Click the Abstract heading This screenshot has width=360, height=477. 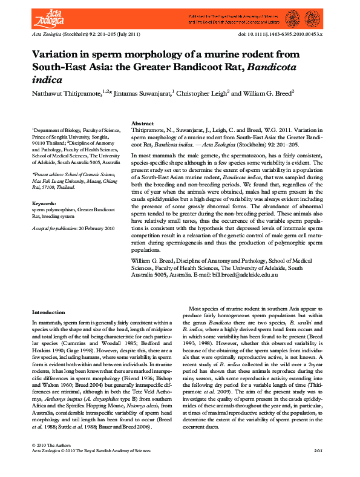pyautogui.click(x=143, y=123)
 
